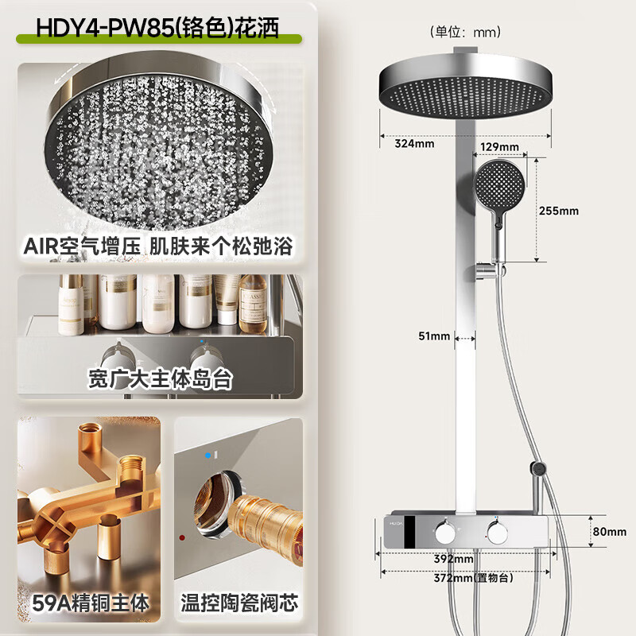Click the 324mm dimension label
(414, 144)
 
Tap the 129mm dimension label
(500, 146)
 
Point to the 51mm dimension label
(435, 336)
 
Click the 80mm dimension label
(611, 532)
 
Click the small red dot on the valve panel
(182, 538)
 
